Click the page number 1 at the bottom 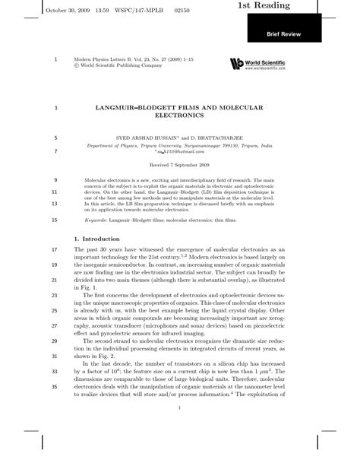point(179,409)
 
